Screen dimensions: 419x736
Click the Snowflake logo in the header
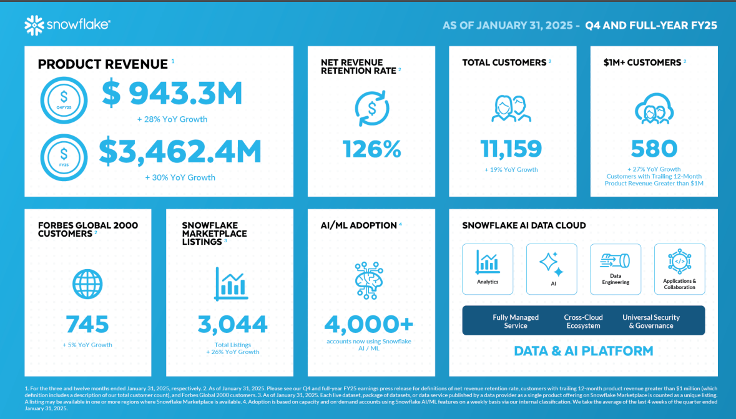[x=67, y=25]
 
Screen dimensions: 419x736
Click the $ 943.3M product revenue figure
[x=172, y=94]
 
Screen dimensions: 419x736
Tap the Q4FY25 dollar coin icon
[x=63, y=99]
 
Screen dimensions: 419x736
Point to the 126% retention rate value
[x=371, y=149]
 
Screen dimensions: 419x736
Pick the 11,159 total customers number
[x=511, y=149]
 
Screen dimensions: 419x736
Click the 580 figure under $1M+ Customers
[x=654, y=149]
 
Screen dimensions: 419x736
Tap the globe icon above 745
[x=87, y=284]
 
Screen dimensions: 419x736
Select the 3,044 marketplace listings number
[x=232, y=324]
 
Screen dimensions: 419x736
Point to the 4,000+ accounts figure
[x=368, y=324]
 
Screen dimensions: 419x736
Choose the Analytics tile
[x=488, y=269]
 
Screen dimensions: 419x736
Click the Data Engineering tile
[x=616, y=269]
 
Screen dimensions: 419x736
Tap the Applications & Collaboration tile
[x=679, y=269]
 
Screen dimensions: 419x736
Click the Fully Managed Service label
[x=516, y=321]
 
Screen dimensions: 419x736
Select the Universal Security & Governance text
[x=650, y=321]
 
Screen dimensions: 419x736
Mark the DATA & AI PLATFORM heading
[x=583, y=351]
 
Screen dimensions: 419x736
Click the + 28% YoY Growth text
[x=172, y=119]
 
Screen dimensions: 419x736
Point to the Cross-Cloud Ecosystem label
[x=583, y=321]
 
